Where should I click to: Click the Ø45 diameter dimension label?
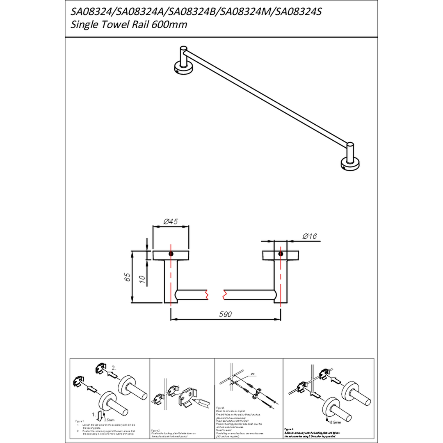pyautogui.click(x=170, y=221)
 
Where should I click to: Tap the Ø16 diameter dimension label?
pyautogui.click(x=310, y=236)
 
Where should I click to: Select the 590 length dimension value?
pyautogui.click(x=226, y=314)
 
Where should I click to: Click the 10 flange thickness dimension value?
pyautogui.click(x=142, y=280)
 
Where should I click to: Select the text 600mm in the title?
pyautogui.click(x=169, y=25)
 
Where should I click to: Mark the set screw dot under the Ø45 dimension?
pyautogui.click(x=171, y=254)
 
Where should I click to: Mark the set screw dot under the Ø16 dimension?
pyautogui.click(x=281, y=254)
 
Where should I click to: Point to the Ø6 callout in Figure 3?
pyautogui.click(x=253, y=374)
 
